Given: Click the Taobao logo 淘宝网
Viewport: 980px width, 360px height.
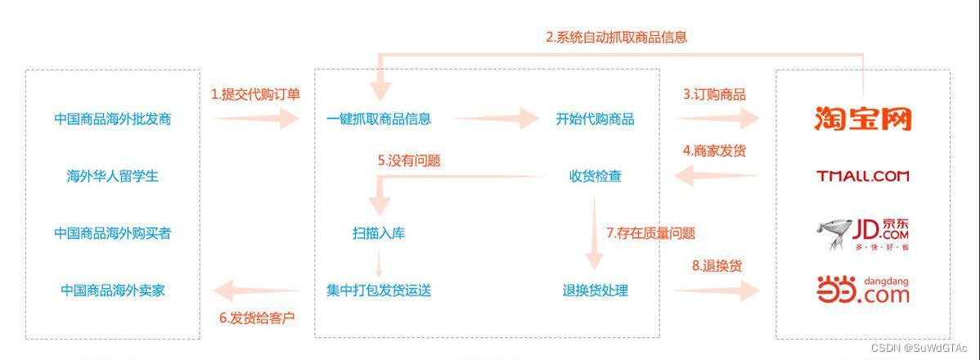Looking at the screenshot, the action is [x=862, y=119].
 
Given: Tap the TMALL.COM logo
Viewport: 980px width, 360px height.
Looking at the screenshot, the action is [x=862, y=176].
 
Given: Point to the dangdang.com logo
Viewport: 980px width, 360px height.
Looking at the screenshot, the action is [x=862, y=290].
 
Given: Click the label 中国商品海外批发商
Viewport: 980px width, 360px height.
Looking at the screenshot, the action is [x=113, y=119].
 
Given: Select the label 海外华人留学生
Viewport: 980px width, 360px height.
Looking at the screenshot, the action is [x=113, y=176].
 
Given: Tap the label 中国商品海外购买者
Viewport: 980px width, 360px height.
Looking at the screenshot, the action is [x=113, y=233].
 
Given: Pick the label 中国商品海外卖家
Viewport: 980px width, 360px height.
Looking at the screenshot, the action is [x=113, y=290].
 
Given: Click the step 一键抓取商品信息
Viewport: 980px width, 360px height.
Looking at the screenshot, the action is [x=379, y=119].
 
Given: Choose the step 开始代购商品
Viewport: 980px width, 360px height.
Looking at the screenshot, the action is [x=596, y=119].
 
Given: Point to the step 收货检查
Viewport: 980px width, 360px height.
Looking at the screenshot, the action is [x=596, y=176].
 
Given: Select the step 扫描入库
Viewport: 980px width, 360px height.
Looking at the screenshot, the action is [x=379, y=233].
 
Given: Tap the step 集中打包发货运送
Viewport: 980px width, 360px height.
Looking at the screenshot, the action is [x=379, y=290].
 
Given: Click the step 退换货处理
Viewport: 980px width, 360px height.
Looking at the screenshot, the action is [x=596, y=290].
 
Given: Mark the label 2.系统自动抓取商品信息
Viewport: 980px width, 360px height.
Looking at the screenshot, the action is [x=616, y=37].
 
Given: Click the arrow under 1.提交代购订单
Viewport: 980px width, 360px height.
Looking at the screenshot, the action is [x=256, y=119].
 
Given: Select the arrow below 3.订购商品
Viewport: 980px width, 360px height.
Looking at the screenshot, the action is [x=717, y=119].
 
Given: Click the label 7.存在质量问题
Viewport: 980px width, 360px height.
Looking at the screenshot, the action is [x=651, y=233].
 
